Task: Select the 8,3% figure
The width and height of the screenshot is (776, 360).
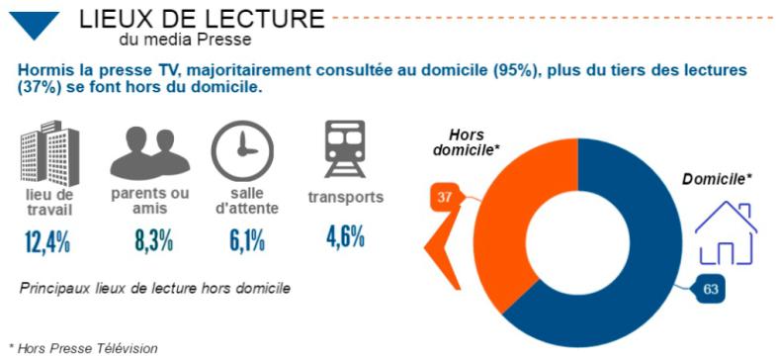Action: click(146, 240)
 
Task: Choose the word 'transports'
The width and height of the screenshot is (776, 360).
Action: click(345, 197)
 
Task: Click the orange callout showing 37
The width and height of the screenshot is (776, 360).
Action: click(444, 198)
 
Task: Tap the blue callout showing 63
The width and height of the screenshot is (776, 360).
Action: click(710, 289)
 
